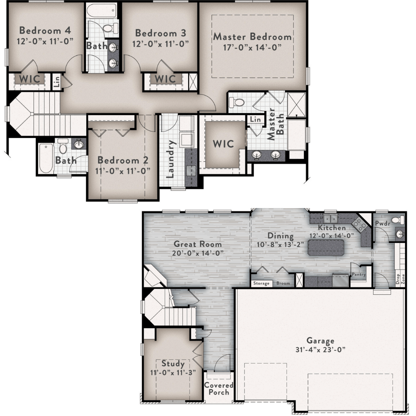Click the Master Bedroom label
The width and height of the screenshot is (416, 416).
click(x=252, y=36)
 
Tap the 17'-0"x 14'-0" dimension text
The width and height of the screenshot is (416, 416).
click(x=252, y=47)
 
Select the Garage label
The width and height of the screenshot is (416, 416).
click(x=320, y=341)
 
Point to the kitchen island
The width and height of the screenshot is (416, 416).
click(x=326, y=248)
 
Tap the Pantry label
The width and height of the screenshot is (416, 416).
click(x=359, y=275)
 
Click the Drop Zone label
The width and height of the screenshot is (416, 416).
click(x=400, y=279)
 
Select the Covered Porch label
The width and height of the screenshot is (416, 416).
click(x=219, y=389)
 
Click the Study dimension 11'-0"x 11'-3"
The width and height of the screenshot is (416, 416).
click(x=173, y=372)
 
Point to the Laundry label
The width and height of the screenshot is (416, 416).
click(x=170, y=159)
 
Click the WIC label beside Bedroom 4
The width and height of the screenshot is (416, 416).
click(x=29, y=79)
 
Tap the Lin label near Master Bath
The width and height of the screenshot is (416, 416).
click(x=255, y=119)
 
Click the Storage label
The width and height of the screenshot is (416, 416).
click(x=261, y=283)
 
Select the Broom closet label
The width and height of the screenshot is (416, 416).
click(x=283, y=283)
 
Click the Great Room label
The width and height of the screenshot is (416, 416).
click(x=198, y=244)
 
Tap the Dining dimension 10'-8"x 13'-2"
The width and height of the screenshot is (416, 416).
click(x=280, y=244)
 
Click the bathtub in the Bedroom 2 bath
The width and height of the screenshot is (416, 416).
click(x=46, y=158)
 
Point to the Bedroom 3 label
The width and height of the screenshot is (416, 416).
click(x=161, y=33)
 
